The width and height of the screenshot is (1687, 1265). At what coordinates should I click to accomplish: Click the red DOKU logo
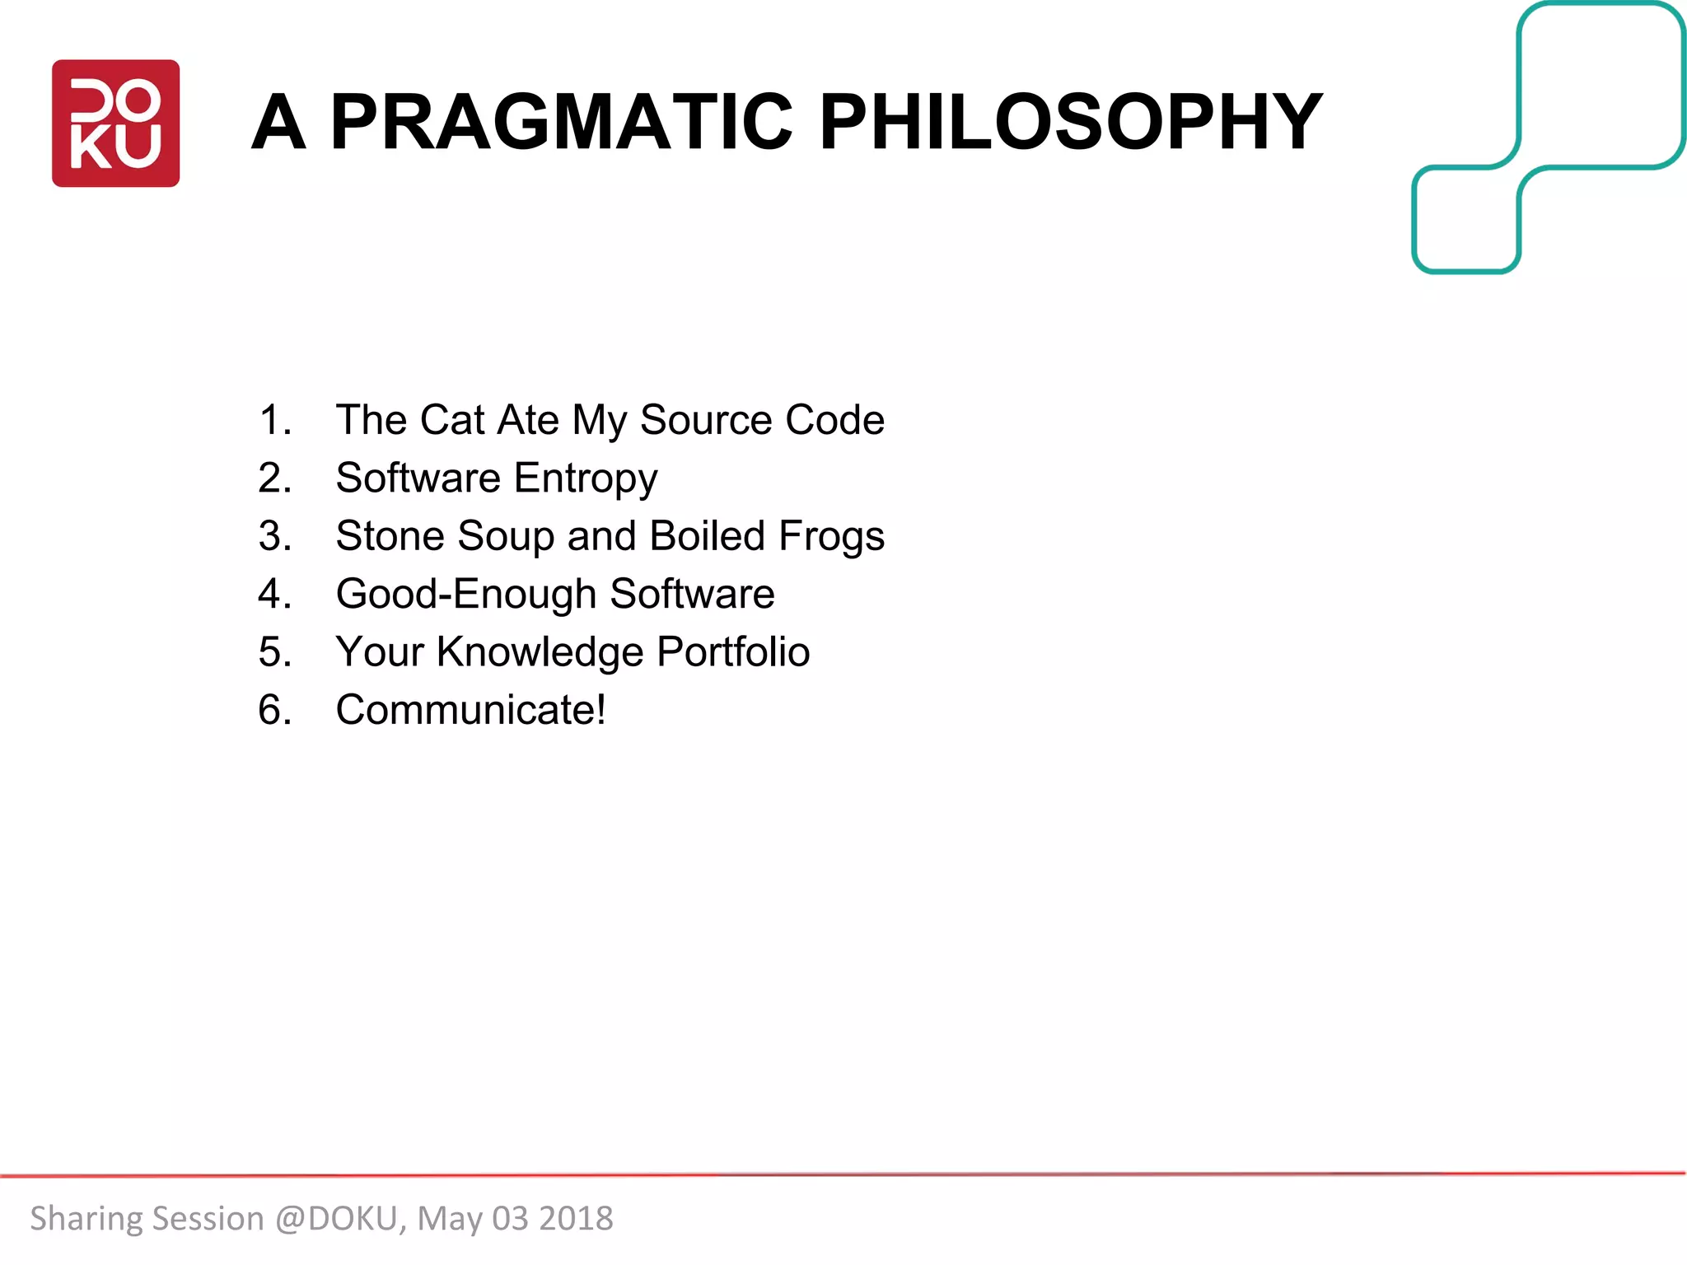coord(115,124)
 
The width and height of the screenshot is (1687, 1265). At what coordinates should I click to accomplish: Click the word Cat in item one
coord(452,420)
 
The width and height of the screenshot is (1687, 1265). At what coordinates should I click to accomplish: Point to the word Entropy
coord(586,479)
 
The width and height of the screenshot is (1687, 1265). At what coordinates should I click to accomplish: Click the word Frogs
coord(831,537)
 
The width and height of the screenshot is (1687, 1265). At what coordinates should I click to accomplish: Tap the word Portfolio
coord(733,652)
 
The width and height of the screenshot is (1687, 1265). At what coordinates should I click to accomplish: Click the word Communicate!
coord(470,710)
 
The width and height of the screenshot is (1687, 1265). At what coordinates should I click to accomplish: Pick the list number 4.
coord(273,595)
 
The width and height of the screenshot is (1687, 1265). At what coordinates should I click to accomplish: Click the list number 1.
coord(274,420)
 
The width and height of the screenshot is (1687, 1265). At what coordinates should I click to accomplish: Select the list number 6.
coord(274,710)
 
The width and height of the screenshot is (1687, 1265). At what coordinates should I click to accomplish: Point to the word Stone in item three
coord(390,536)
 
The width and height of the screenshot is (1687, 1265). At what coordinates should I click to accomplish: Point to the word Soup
coord(506,537)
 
